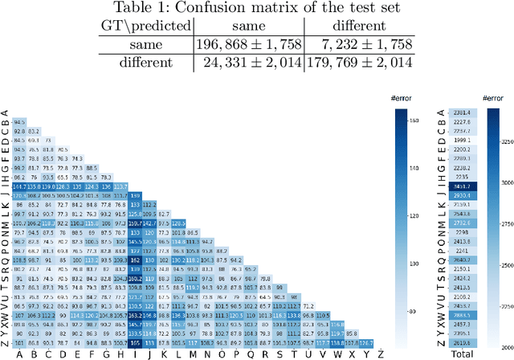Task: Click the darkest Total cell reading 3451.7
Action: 462,186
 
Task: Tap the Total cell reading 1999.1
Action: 462,140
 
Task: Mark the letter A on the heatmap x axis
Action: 19,351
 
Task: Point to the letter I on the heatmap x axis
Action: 134,351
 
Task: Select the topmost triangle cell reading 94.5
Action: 19,122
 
